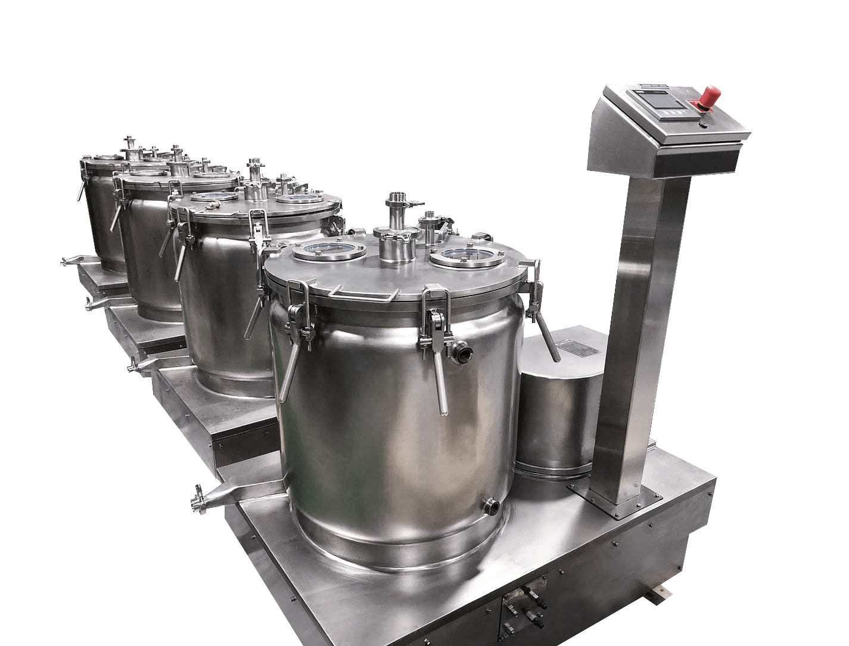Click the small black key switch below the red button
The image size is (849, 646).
pos(703,125)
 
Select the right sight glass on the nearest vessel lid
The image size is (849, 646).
pos(467,257)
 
